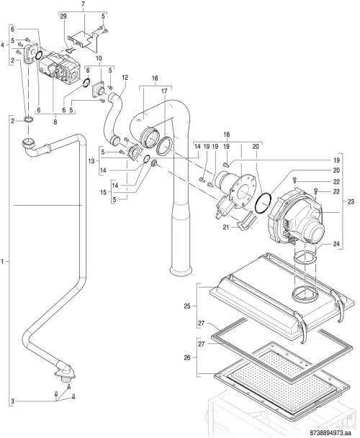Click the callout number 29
[63, 17]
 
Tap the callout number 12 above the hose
[125, 78]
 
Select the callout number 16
[155, 78]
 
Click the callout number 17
[164, 91]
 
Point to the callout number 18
[227, 134]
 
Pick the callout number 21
[226, 227]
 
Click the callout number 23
[351, 201]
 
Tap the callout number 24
[336, 244]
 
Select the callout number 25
[187, 306]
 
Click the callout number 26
[187, 357]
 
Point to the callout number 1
[3, 262]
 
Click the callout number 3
[12, 402]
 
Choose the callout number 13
[91, 161]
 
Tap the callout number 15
[104, 192]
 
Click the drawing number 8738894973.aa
[333, 433]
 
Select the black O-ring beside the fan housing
[264, 203]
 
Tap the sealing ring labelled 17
[164, 146]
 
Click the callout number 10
[99, 58]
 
